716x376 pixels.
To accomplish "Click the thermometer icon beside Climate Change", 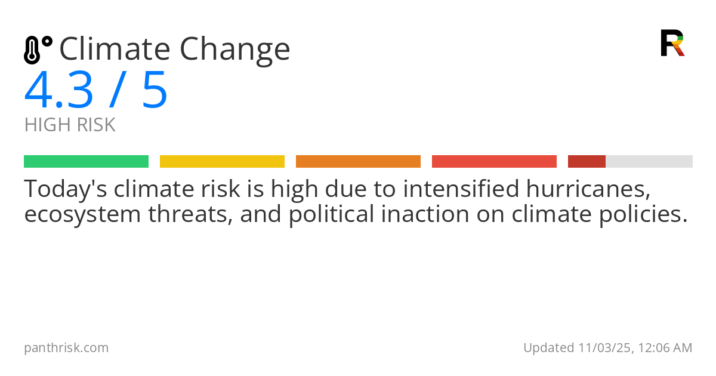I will coord(38,50).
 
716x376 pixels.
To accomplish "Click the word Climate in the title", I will coord(113,49).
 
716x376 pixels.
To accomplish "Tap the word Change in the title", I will coord(235,50).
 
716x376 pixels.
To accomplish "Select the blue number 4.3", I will coord(58,91).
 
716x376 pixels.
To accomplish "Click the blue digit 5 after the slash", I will coord(155,91).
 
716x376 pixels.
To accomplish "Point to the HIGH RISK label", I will coord(70,125).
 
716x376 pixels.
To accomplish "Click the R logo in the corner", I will coord(672,43).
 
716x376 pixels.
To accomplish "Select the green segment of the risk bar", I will coord(86,162).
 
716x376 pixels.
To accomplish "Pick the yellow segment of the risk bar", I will coord(222,162).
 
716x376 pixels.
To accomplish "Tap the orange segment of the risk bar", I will coord(358,162).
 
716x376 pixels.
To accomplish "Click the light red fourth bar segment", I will coord(494,162).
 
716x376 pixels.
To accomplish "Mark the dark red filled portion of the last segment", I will coord(587,162).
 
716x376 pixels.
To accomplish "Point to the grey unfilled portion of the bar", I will coord(649,162).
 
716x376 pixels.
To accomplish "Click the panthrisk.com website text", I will coord(66,348).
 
